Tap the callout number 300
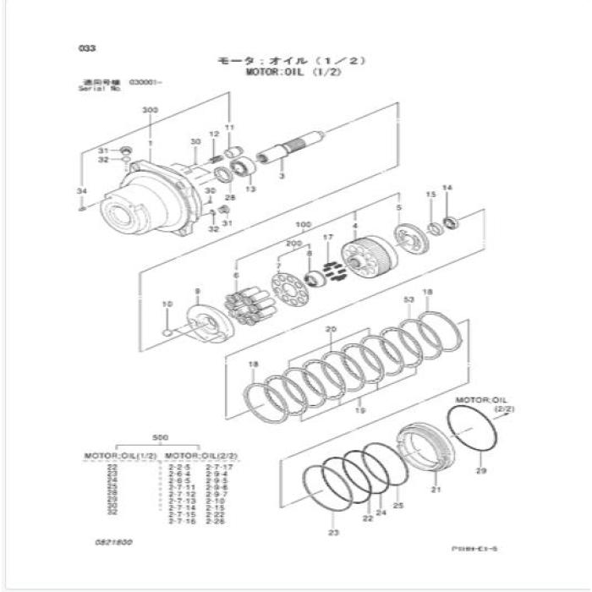(x=150, y=111)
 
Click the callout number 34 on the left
(x=81, y=192)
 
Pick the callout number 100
(x=303, y=225)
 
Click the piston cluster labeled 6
(x=245, y=304)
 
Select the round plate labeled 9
(x=203, y=322)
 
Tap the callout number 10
(x=167, y=304)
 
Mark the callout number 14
(x=448, y=188)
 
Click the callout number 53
(x=409, y=300)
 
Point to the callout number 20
(x=331, y=329)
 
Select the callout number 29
(x=480, y=470)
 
